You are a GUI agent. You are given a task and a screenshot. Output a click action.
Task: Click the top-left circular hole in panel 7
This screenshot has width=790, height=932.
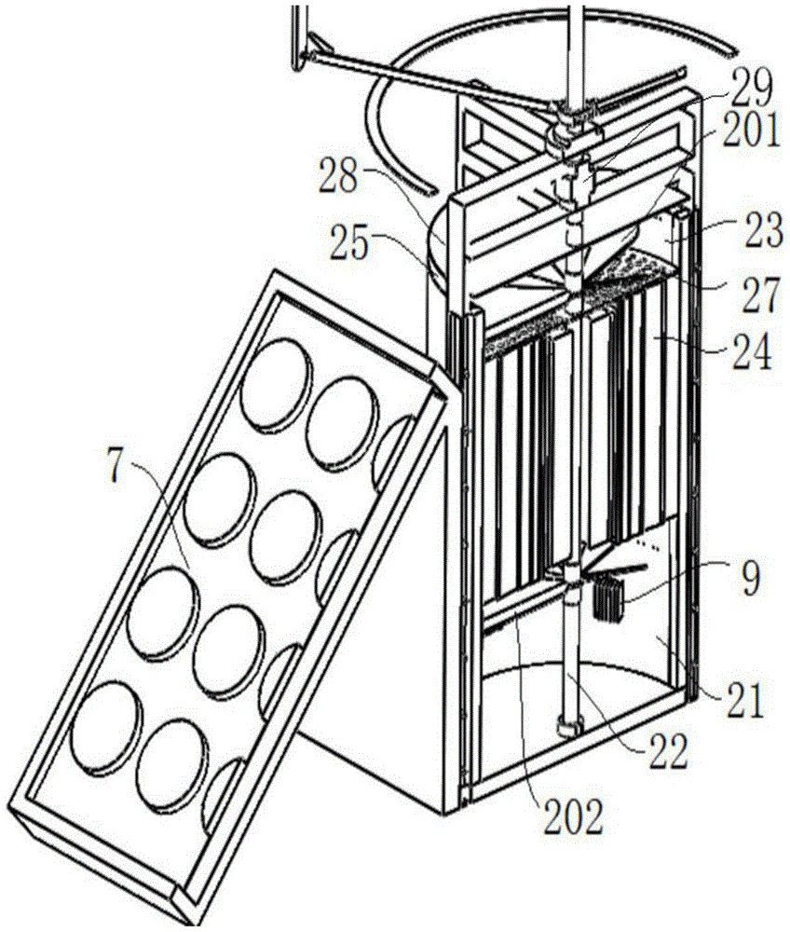click(275, 382)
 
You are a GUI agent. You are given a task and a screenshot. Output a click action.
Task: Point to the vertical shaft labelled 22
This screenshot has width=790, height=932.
click(567, 662)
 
